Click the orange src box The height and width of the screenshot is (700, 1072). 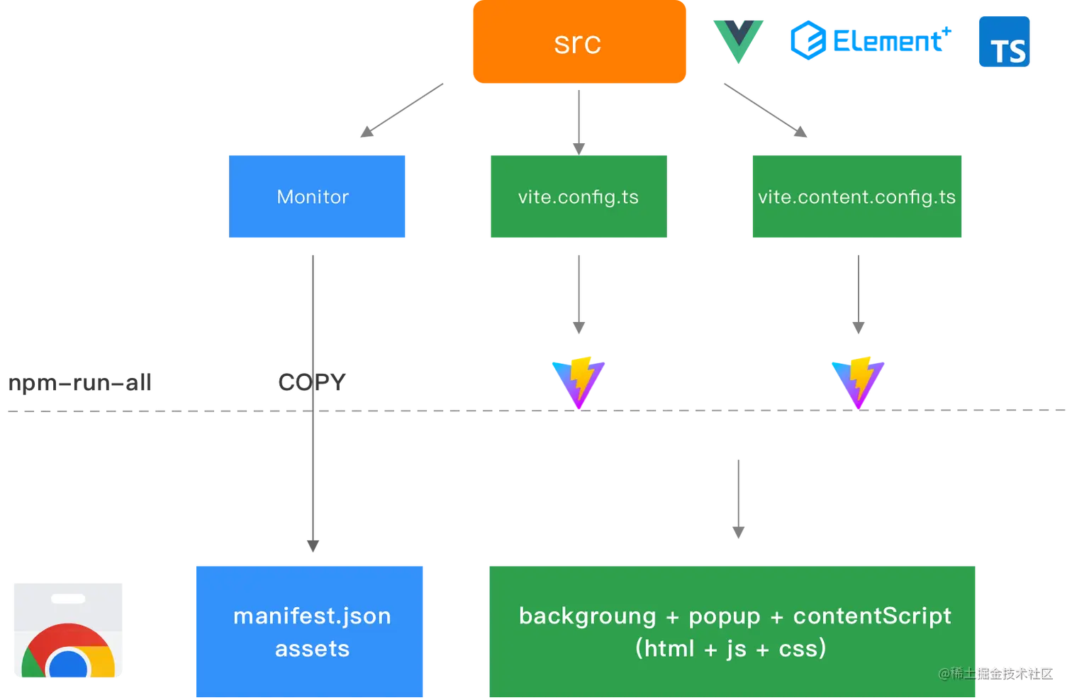pyautogui.click(x=579, y=43)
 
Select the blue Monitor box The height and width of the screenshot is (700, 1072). pyautogui.click(x=317, y=197)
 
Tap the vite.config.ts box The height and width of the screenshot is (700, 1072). pyautogui.click(x=578, y=197)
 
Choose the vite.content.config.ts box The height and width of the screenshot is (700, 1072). pyautogui.click(x=856, y=197)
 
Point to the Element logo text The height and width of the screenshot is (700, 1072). pyautogui.click(x=872, y=40)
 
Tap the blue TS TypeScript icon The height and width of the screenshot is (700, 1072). pyautogui.click(x=1004, y=43)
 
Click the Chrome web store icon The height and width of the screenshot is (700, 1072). pyautogui.click(x=68, y=630)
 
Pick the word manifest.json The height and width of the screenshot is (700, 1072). pyautogui.click(x=312, y=616)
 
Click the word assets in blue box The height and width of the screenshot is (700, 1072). pyautogui.click(x=312, y=648)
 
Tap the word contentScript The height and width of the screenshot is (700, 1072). pyautogui.click(x=872, y=616)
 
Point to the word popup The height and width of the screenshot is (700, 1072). pyautogui.click(x=724, y=616)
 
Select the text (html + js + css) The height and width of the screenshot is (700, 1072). pyautogui.click(x=730, y=648)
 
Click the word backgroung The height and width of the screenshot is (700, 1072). pyautogui.click(x=587, y=616)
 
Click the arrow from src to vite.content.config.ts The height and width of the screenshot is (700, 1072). pyautogui.click(x=766, y=111)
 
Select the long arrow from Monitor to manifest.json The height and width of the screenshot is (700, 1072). pyautogui.click(x=312, y=397)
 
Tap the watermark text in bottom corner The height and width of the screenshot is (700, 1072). pyautogui.click(x=995, y=673)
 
